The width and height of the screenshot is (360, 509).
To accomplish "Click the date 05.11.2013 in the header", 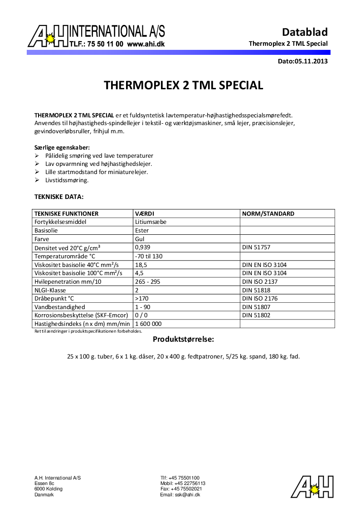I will click(311, 61).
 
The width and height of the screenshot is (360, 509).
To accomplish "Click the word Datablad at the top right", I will click(305, 32).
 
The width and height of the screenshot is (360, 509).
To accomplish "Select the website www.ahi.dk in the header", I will click(146, 44).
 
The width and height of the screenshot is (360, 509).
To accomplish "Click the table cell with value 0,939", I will click(142, 247).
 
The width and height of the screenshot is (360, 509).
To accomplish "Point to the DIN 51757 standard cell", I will click(257, 247).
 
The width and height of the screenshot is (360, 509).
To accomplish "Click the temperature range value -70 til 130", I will click(149, 256).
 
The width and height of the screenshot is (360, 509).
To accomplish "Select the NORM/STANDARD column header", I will click(268, 213).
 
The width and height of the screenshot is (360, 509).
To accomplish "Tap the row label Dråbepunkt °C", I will click(54, 299).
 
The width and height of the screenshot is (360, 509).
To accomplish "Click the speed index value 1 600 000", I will click(148, 324).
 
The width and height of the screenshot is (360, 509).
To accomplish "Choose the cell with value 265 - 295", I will click(148, 281).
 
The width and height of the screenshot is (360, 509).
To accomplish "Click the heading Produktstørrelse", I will click(183, 339).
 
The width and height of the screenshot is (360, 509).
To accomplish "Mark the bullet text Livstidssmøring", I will click(67, 180).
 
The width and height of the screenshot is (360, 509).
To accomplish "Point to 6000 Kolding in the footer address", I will click(49, 489).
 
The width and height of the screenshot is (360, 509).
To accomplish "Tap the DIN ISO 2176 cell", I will click(259, 299).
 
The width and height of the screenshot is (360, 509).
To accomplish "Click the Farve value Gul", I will click(140, 239).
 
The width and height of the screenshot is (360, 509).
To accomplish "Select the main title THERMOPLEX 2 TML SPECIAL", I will click(183, 85).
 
